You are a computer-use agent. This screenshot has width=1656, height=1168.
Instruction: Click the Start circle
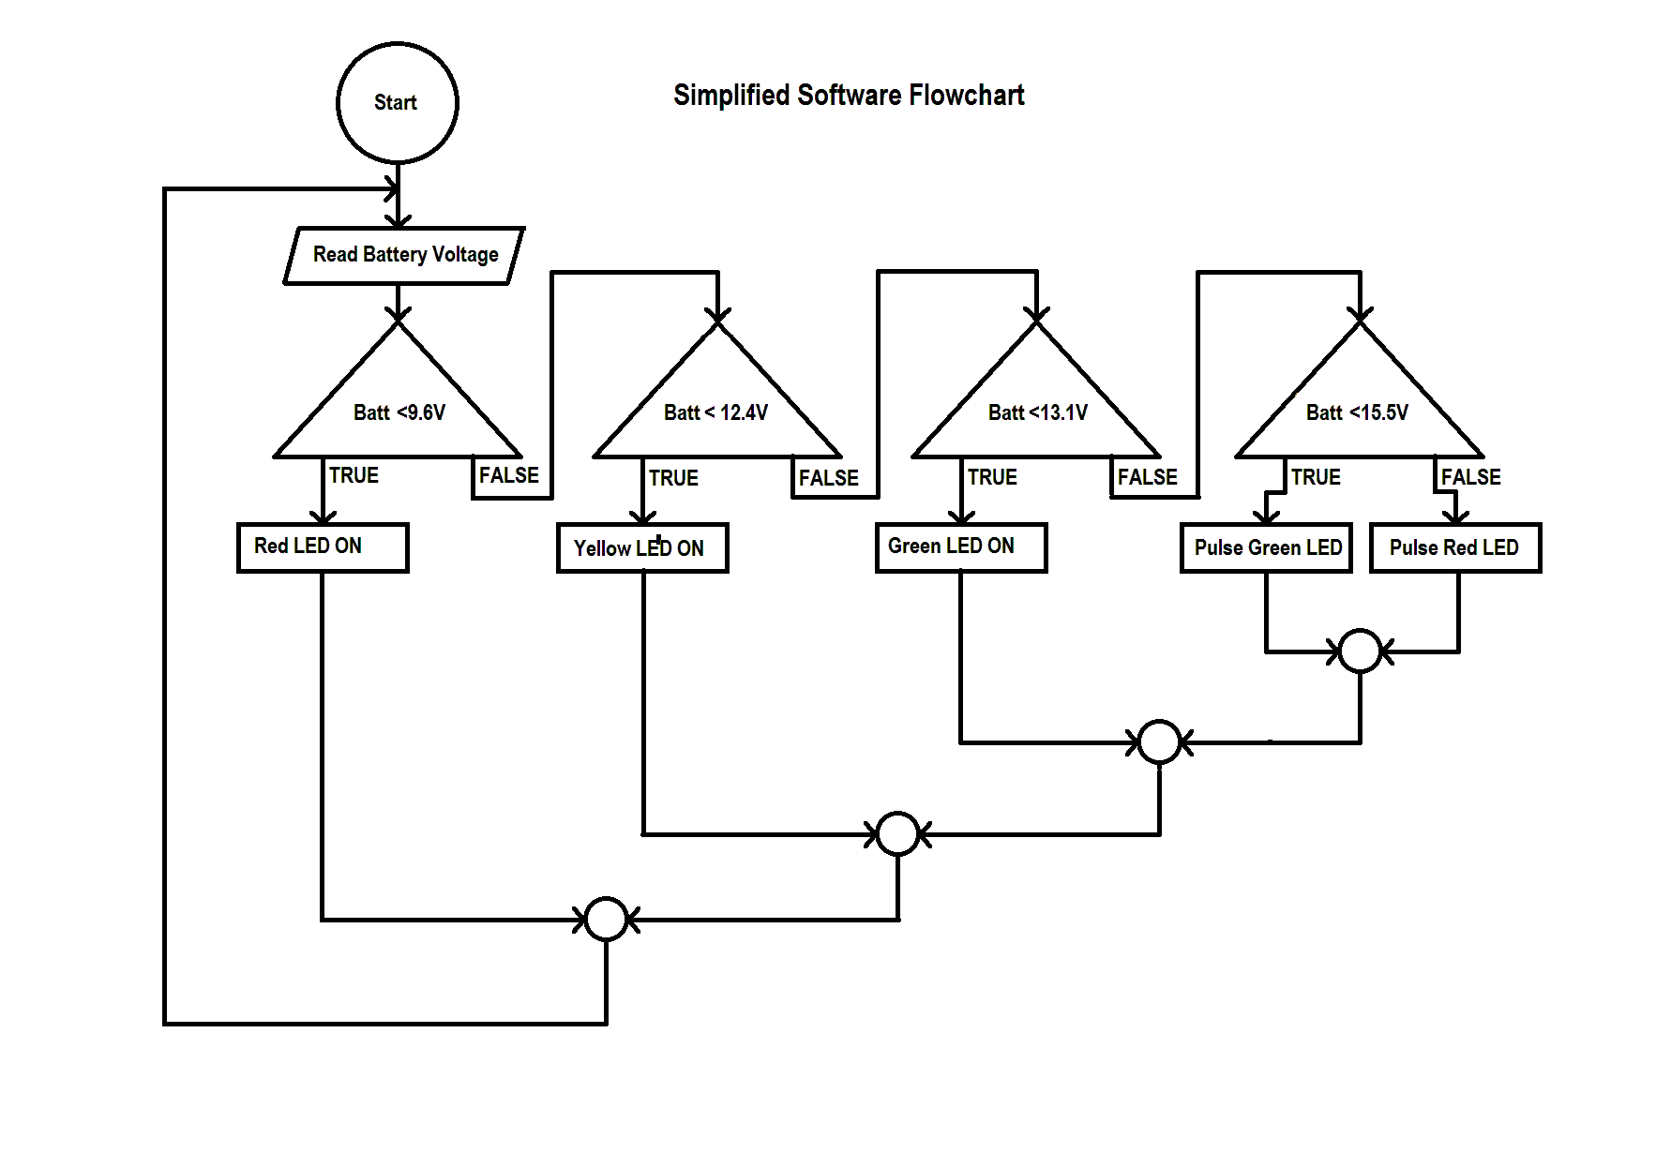pyautogui.click(x=397, y=103)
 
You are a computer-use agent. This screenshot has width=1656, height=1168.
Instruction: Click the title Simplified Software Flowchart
pyautogui.click(x=848, y=95)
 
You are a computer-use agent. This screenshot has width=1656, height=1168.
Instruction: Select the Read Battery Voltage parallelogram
pyautogui.click(x=404, y=255)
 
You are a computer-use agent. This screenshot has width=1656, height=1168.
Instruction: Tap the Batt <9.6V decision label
pyautogui.click(x=399, y=412)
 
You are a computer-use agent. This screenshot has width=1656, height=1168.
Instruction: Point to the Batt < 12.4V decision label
pyautogui.click(x=715, y=412)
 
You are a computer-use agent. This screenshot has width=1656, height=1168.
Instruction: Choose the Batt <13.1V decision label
pyautogui.click(x=1037, y=412)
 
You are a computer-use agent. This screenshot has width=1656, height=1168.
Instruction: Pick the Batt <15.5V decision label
pyautogui.click(x=1357, y=412)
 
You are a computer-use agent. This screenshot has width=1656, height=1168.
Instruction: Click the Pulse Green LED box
pyautogui.click(x=1266, y=547)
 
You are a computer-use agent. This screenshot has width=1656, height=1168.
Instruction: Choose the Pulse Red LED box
pyautogui.click(x=1455, y=547)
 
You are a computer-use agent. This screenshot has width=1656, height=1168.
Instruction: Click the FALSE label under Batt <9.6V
pyautogui.click(x=508, y=475)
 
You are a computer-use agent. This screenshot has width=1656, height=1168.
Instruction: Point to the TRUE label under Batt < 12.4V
pyautogui.click(x=673, y=478)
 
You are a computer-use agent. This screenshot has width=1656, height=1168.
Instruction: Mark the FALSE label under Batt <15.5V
pyautogui.click(x=1470, y=477)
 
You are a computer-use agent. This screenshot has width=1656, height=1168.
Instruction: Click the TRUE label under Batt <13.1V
pyautogui.click(x=992, y=477)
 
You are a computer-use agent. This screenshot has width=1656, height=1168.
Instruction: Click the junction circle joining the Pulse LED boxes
pyautogui.click(x=1360, y=651)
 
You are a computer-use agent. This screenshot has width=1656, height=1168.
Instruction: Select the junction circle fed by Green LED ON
pyautogui.click(x=1159, y=742)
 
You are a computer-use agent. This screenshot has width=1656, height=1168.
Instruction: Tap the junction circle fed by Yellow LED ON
pyautogui.click(x=897, y=833)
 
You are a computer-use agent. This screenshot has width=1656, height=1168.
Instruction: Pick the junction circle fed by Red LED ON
pyautogui.click(x=606, y=919)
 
